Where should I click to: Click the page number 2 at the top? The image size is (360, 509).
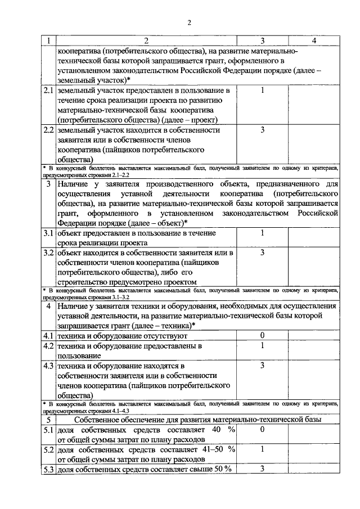pos(190,23)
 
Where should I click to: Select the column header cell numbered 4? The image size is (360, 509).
pos(313,40)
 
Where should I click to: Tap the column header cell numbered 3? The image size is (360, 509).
pos(262,40)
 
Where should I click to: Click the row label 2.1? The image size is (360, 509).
pos(48,91)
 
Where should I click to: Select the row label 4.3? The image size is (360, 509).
pos(48,366)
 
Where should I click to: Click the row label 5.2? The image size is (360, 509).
pos(48,450)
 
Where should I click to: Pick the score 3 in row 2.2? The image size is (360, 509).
pos(262,130)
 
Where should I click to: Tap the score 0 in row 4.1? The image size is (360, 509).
pos(262,335)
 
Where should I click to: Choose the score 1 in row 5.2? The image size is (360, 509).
pos(262,450)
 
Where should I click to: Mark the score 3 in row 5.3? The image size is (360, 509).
pos(262,469)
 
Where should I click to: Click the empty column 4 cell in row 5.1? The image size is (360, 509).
pos(313,434)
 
